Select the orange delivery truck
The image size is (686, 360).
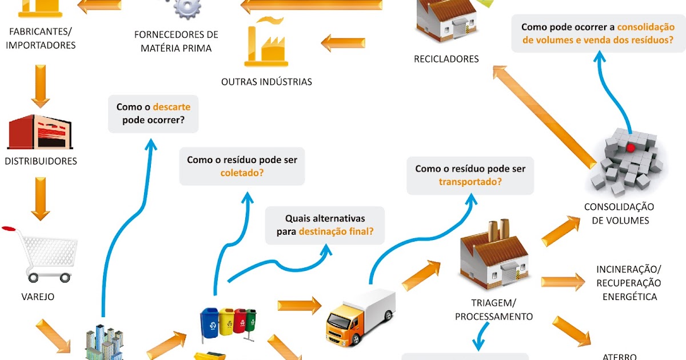360,317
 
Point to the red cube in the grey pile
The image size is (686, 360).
631,147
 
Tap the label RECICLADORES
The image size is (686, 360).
446,59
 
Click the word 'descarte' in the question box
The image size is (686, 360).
171,107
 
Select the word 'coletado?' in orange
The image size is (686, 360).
242,173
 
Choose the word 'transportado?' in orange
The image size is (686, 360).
470,182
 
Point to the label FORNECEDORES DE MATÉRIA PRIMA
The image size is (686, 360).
176,41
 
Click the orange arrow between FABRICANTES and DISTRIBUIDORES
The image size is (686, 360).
41,86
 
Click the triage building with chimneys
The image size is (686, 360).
494,257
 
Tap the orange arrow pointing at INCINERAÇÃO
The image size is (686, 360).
563,281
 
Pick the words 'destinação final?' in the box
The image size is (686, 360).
336,231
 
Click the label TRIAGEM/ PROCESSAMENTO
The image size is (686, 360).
494,309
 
